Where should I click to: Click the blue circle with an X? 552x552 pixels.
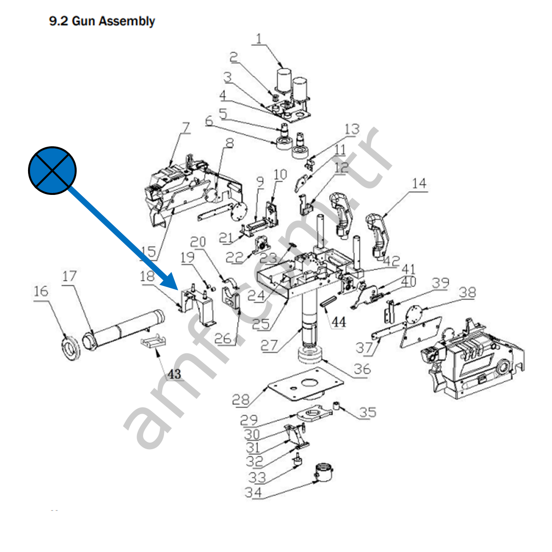(52, 169)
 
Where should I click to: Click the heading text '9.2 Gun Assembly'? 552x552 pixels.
(102, 21)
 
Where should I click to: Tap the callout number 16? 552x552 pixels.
(41, 291)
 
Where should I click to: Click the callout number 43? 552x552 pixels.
(174, 374)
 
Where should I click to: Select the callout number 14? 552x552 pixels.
(419, 183)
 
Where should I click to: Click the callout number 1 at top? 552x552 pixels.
(258, 38)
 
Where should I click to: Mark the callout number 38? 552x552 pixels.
(467, 292)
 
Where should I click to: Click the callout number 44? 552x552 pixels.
(338, 322)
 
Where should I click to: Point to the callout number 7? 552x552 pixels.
(186, 127)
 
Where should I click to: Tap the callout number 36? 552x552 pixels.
(362, 369)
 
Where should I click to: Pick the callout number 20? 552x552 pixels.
(198, 242)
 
